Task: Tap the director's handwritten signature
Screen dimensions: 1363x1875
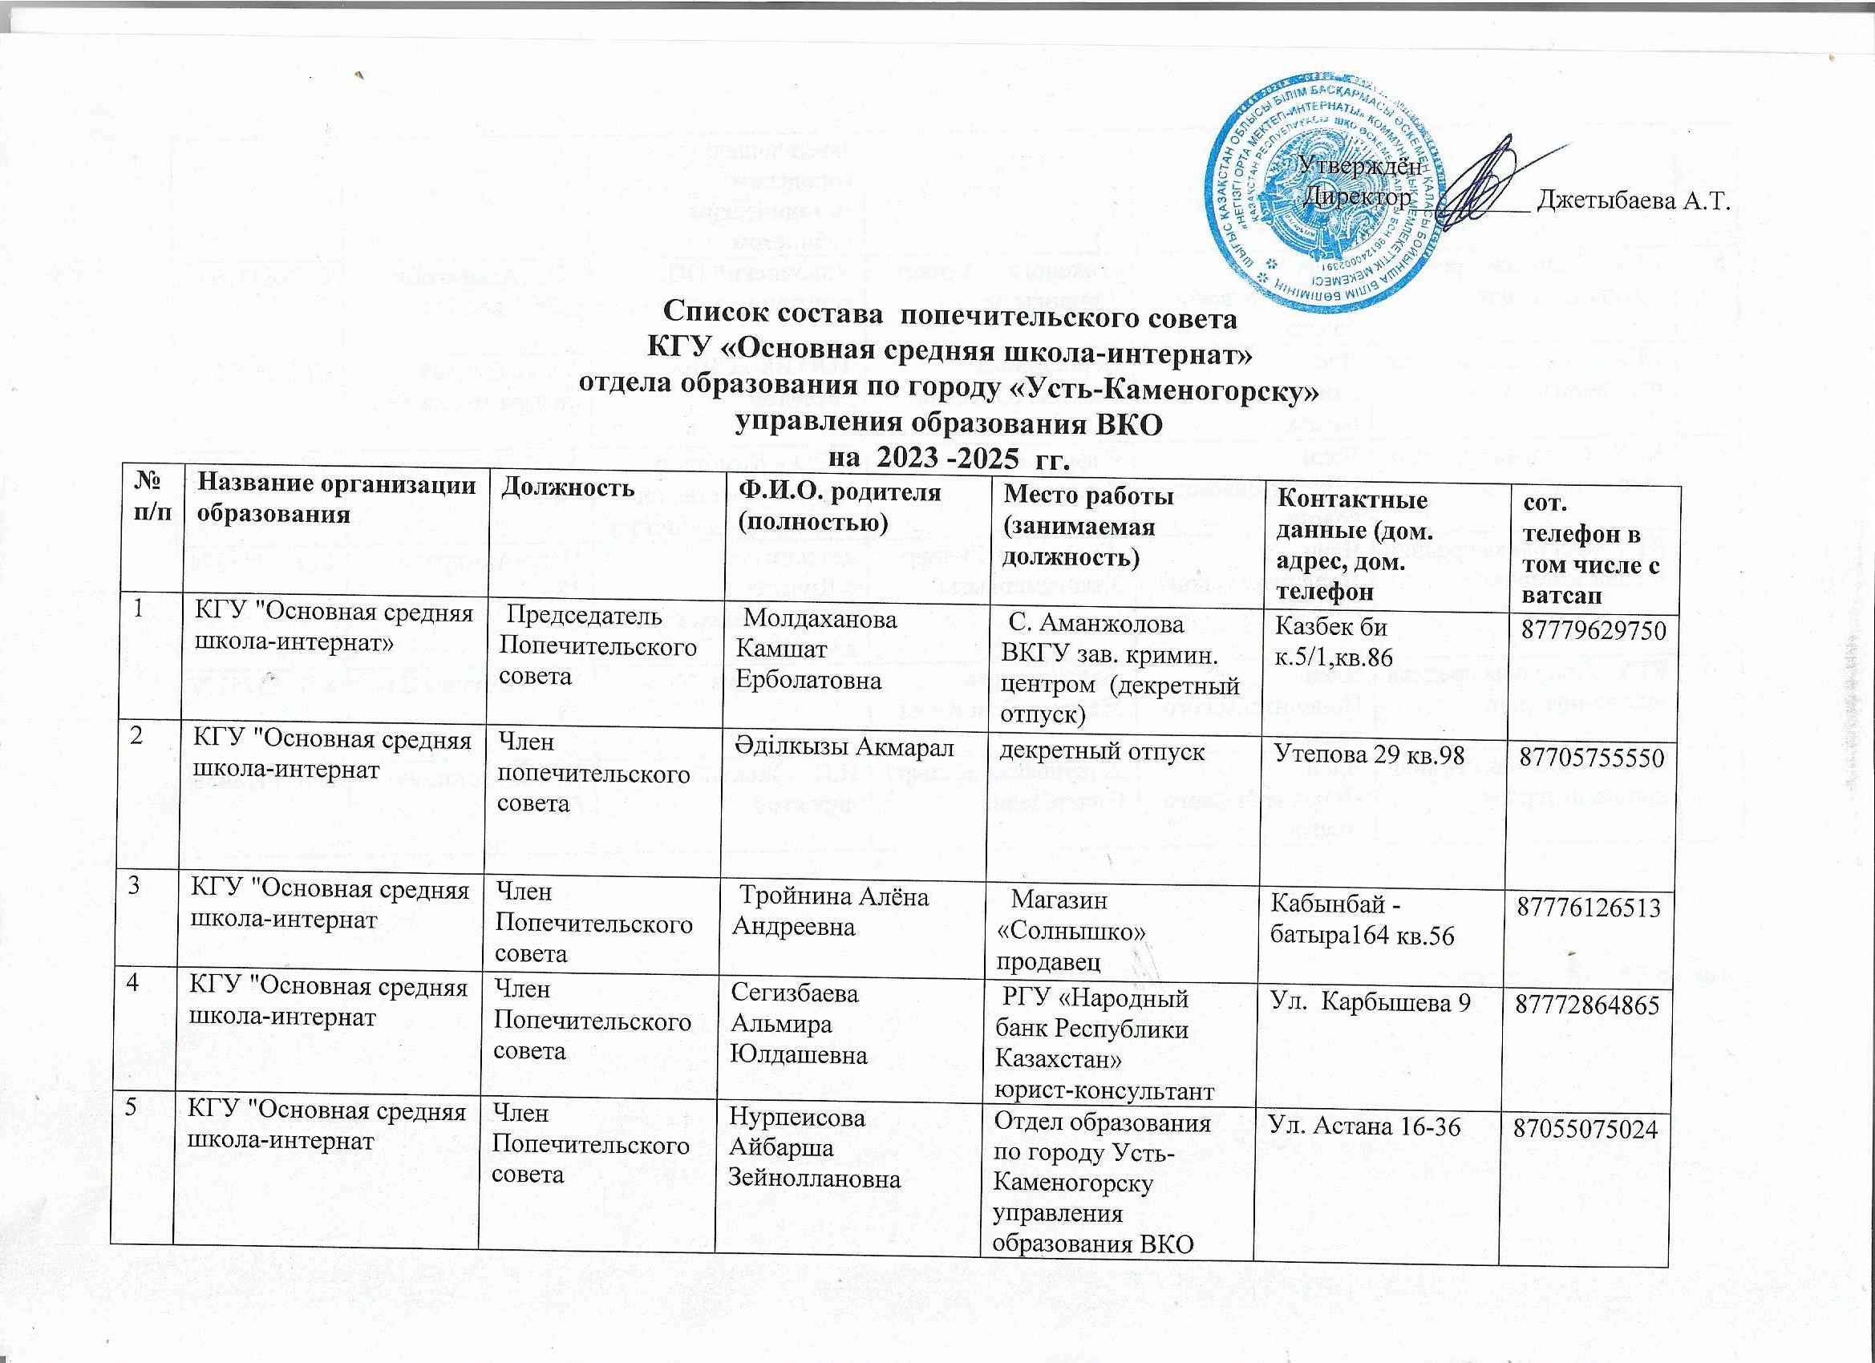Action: click(1480, 184)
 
